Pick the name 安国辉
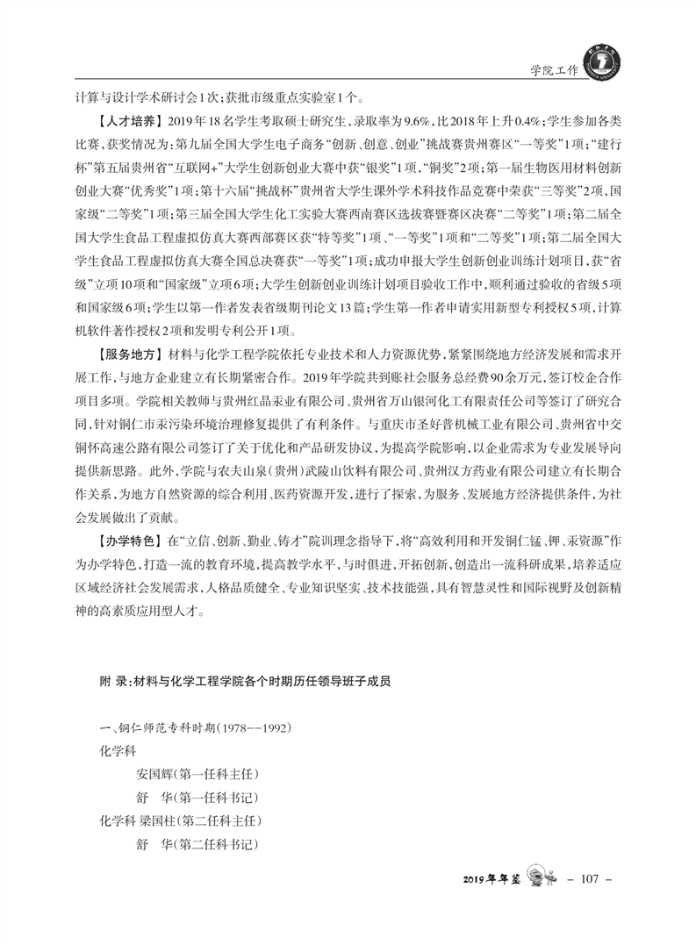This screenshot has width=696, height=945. point(154,775)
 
